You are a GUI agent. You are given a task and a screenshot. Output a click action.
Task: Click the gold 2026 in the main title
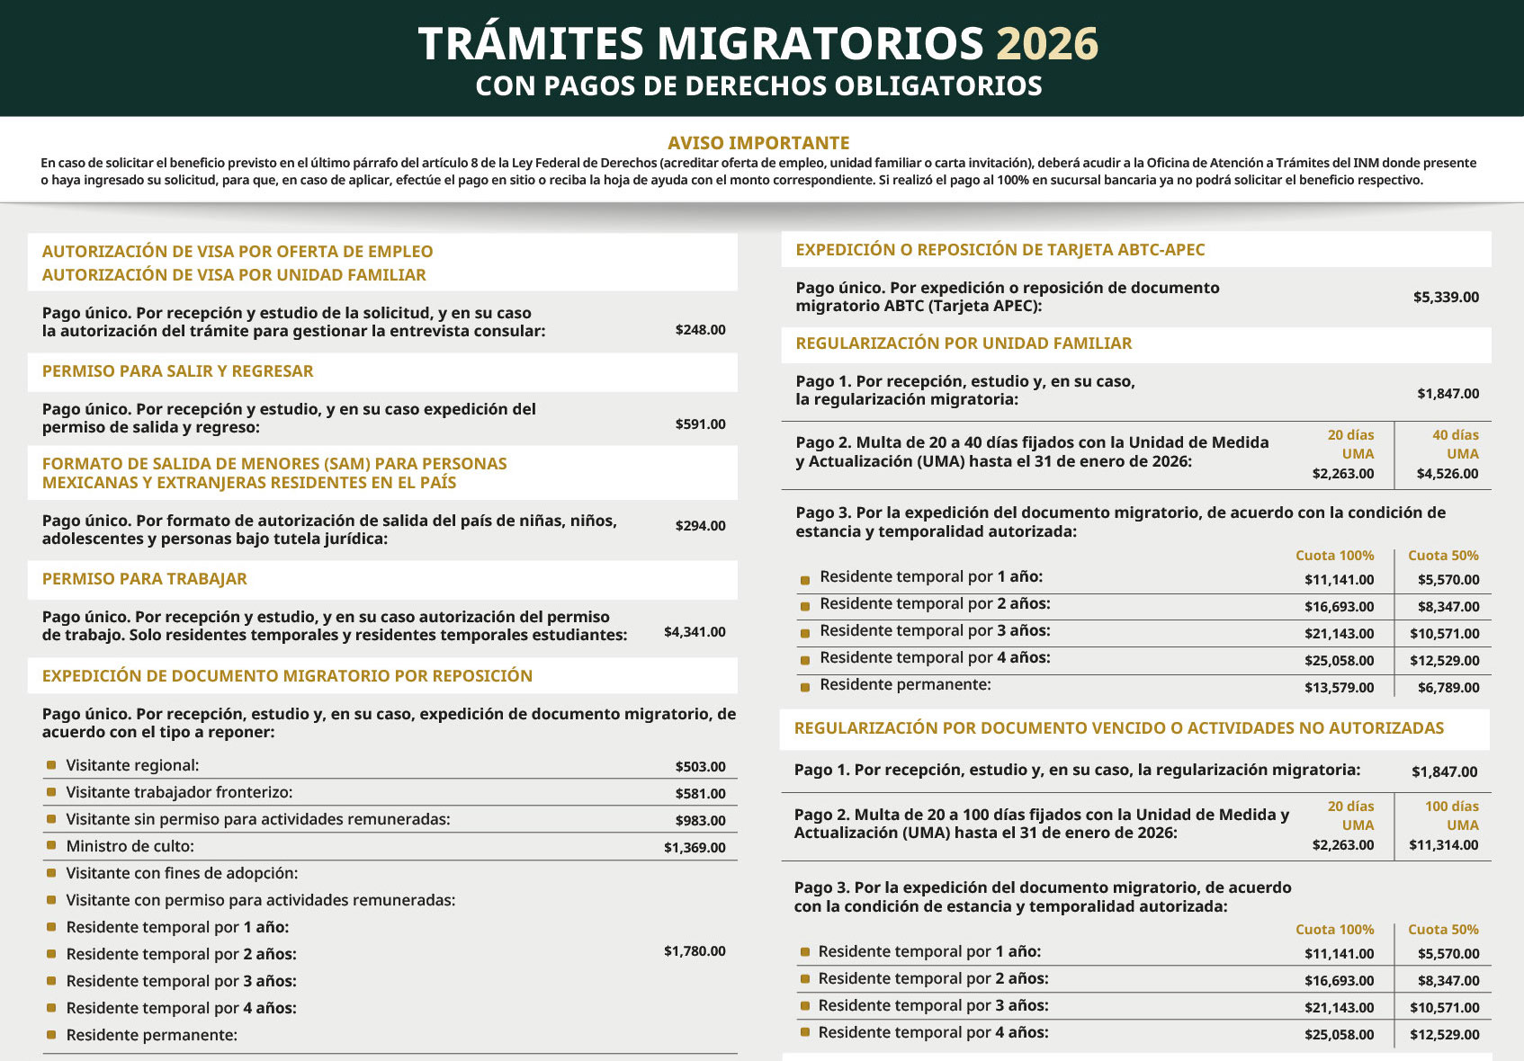point(1047,44)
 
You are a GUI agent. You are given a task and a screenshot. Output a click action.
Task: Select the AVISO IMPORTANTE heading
point(758,143)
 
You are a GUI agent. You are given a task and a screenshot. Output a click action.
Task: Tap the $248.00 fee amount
point(700,330)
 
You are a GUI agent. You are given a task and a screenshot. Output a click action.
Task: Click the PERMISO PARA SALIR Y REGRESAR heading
point(177,371)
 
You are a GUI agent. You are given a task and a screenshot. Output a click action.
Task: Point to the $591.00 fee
point(700,424)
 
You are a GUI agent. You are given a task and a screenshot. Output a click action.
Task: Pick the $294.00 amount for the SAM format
point(700,526)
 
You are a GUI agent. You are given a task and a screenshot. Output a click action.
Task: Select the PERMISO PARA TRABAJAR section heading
point(144,579)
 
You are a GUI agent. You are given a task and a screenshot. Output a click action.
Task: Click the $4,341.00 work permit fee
point(695,632)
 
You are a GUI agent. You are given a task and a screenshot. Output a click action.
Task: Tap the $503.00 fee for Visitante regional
point(700,767)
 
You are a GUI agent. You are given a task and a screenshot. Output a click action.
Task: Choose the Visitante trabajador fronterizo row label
point(179,792)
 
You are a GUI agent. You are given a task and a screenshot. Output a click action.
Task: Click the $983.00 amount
point(700,821)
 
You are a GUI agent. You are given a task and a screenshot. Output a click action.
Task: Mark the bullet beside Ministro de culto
point(51,846)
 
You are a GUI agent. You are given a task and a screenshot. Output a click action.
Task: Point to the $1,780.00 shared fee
point(695,951)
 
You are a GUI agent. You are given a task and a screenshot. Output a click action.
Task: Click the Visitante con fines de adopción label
point(182,873)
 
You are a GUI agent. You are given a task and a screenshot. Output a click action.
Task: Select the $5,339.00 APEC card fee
point(1446,298)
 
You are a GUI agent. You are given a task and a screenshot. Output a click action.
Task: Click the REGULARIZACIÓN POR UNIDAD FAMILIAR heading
point(964,343)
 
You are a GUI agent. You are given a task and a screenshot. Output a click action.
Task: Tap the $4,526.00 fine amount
point(1447,474)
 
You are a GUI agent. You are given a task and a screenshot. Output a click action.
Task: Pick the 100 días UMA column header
point(1451,816)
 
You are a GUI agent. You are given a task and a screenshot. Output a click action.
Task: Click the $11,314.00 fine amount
point(1443,845)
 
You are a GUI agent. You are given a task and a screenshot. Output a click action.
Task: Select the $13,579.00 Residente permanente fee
point(1339,688)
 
